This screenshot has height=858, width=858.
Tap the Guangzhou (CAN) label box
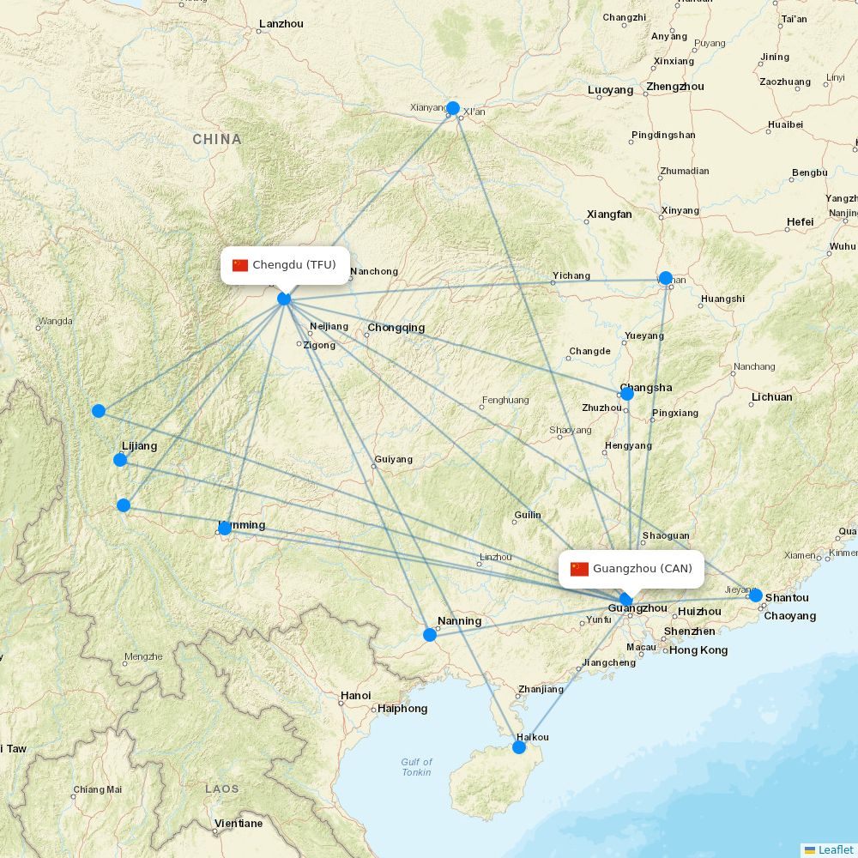pyautogui.click(x=631, y=569)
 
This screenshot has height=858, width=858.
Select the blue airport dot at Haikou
pyautogui.click(x=519, y=747)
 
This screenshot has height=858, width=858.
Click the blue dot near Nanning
pyautogui.click(x=430, y=635)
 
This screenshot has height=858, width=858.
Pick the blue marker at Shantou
pyautogui.click(x=755, y=595)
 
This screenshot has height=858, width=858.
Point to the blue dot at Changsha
pyautogui.click(x=627, y=394)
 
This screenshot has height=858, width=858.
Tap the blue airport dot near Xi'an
pyautogui.click(x=453, y=108)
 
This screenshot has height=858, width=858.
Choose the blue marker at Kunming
pyautogui.click(x=225, y=529)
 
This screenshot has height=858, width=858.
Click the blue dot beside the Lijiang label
pyautogui.click(x=120, y=460)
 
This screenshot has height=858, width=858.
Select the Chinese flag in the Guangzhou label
pyautogui.click(x=580, y=569)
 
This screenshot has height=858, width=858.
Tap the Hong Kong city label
pyautogui.click(x=698, y=650)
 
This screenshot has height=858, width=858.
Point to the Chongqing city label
pyautogui.click(x=396, y=328)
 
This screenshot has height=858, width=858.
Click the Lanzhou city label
pyautogui.click(x=281, y=24)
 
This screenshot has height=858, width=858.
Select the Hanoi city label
pyautogui.click(x=356, y=696)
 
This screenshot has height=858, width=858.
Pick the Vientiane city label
pyautogui.click(x=239, y=824)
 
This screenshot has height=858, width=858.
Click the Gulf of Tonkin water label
pyautogui.click(x=417, y=767)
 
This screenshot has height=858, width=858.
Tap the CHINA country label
pyautogui.click(x=217, y=139)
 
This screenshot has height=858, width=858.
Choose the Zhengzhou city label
pyautogui.click(x=675, y=87)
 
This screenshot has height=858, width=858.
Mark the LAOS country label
pyautogui.click(x=222, y=788)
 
